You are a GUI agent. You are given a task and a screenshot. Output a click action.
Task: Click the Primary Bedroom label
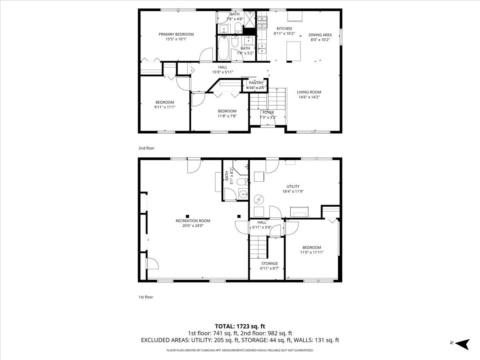pos(176,34)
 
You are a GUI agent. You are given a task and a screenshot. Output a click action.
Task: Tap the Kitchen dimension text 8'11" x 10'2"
pos(284,34)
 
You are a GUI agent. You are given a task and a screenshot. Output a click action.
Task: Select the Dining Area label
pos(320,35)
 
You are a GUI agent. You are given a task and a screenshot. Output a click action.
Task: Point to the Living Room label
pos(309,92)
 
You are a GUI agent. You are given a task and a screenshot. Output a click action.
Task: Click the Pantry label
pos(255,82)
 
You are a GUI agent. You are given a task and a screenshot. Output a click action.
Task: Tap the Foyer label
pos(268,112)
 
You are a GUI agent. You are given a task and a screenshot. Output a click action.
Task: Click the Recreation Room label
pos(193,221)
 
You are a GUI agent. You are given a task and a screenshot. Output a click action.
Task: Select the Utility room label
pos(293,186)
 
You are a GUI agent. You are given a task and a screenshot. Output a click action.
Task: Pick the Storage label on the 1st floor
pos(270,264)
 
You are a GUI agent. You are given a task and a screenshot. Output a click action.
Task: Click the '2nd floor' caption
pos(146,148)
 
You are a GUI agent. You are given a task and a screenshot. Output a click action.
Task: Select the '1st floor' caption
pos(146,297)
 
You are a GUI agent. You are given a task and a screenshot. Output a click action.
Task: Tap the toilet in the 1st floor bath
pos(241,182)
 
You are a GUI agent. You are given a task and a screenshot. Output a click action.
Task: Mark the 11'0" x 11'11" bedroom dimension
pos(312,252)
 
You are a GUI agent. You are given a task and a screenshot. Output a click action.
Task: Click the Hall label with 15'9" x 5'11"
pos(223,67)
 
